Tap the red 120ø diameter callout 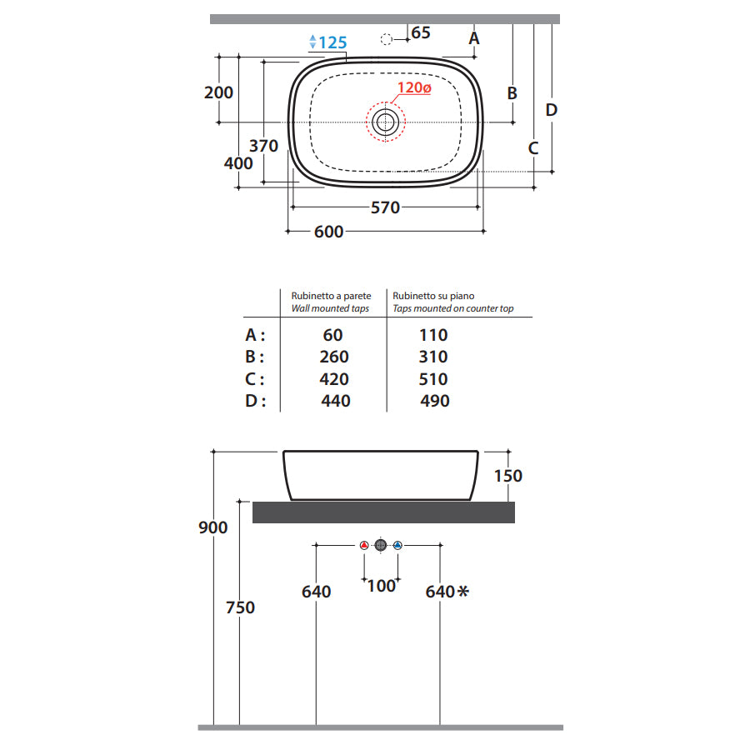pos(414,88)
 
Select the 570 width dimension pos(386,207)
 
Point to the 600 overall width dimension pos(328,232)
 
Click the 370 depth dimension pos(263,146)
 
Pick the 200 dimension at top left pos(218,92)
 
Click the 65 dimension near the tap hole pos(421,32)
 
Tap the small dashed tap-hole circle pos(387,39)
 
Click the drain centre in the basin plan pos(386,122)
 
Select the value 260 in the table pos(334,357)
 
